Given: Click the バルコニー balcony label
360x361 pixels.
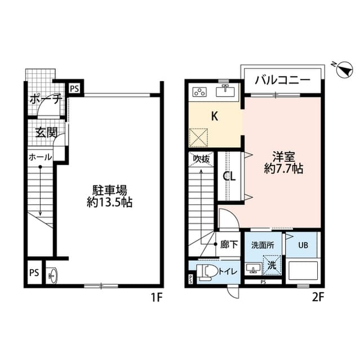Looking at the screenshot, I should point(281,80).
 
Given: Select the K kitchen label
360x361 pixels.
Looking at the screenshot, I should point(214,117).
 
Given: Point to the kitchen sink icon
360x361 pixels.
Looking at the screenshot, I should point(227,90).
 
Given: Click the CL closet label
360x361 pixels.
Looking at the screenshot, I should point(229,176).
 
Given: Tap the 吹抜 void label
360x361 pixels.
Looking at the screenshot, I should point(201,159).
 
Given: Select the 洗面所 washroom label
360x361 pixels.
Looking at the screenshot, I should point(262,245).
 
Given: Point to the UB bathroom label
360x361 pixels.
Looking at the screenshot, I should point(303,245).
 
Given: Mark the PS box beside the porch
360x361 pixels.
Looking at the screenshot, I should point(74,88).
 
